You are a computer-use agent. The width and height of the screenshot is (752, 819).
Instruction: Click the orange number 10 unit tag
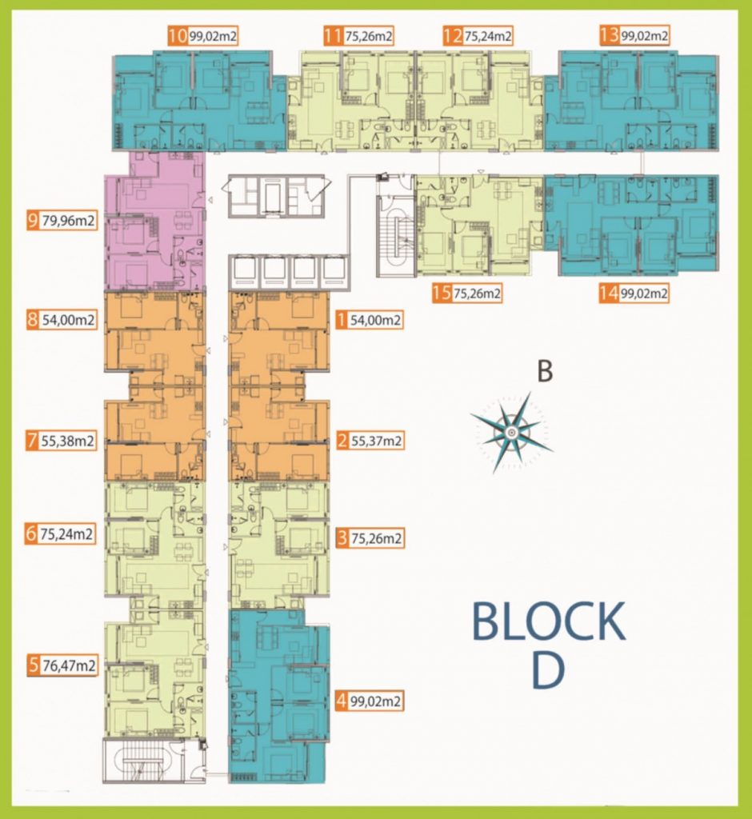tap(178, 36)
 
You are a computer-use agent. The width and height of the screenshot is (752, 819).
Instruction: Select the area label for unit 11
tap(369, 36)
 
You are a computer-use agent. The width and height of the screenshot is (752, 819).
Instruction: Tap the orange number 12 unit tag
tap(453, 36)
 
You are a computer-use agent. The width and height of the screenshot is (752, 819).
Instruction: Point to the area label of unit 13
tap(644, 36)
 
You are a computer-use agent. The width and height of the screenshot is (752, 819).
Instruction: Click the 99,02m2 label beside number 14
tap(644, 293)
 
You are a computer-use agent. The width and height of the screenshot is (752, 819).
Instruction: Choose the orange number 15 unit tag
tap(442, 293)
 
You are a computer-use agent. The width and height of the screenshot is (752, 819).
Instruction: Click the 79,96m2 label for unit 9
tap(69, 221)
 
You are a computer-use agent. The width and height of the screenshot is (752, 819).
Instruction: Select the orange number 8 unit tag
tap(33, 320)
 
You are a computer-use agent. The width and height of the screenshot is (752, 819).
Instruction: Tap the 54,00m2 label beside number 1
tap(375, 320)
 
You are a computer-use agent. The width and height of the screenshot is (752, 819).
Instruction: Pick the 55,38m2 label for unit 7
tap(68, 441)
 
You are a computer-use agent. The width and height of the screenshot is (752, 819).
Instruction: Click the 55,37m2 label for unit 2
tap(376, 441)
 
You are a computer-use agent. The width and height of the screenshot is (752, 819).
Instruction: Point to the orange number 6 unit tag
tap(31, 533)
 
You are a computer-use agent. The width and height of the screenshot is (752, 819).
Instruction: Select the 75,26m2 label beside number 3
tap(376, 538)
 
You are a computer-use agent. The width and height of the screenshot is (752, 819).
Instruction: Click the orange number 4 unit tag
tap(342, 701)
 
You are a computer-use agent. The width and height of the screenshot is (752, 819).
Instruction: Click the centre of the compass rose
tap(510, 431)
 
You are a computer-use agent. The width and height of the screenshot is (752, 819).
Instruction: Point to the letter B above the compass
tap(545, 371)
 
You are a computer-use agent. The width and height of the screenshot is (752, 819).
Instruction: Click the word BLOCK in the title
tap(549, 621)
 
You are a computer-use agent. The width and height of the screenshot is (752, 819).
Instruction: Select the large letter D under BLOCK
tap(548, 669)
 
